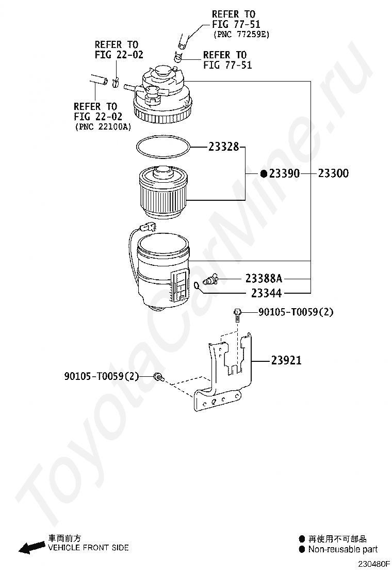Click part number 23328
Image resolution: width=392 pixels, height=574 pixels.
[x=224, y=147]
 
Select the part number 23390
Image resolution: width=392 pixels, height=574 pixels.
[x=284, y=174]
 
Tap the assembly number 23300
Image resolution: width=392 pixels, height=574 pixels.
[x=333, y=174]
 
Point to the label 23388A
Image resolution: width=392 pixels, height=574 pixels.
[x=264, y=279]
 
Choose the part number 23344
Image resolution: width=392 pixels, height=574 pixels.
[x=266, y=293]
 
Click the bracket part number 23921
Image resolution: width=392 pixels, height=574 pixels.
[x=286, y=360]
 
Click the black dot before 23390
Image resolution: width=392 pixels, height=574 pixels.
[x=264, y=174]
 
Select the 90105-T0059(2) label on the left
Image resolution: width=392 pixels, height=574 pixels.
[x=102, y=376]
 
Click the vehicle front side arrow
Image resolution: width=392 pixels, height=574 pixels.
[x=31, y=546]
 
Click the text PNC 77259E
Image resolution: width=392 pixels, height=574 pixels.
[x=241, y=34]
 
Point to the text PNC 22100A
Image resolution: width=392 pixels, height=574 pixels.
[x=102, y=126]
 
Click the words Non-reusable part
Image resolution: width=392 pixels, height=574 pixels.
[x=342, y=549]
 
